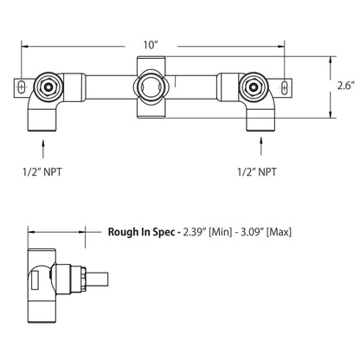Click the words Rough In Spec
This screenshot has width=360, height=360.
141,231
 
